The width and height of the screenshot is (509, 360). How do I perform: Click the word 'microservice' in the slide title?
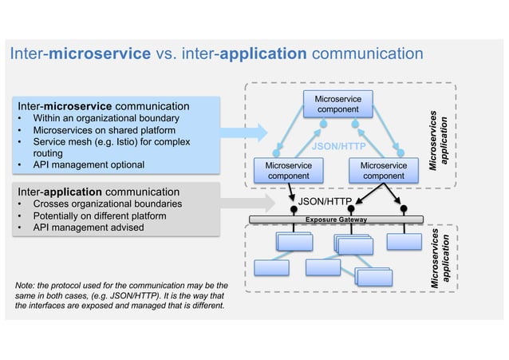pyautogui.click(x=100, y=54)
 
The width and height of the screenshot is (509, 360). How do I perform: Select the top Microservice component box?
pyautogui.click(x=338, y=104)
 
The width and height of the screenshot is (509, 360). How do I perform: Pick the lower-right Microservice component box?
pyautogui.click(x=383, y=170)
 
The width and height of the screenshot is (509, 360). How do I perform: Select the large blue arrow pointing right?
pyautogui.click(x=243, y=132)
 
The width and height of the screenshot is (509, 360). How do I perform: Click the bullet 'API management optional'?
pyautogui.click(x=88, y=164)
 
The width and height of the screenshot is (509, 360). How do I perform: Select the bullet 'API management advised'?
pyautogui.click(x=88, y=227)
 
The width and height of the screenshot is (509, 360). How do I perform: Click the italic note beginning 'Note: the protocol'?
pyautogui.click(x=120, y=295)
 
